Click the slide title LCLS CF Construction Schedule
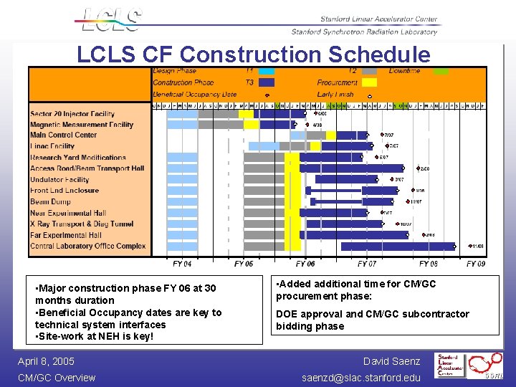click(x=254, y=54)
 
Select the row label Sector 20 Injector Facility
click(x=72, y=114)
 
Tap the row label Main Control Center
click(x=64, y=135)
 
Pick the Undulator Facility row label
click(x=59, y=180)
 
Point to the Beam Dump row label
click(x=50, y=202)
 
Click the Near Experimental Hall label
click(x=68, y=213)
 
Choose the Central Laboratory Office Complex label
click(x=87, y=246)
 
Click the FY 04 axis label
click(x=182, y=264)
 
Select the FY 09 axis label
click(x=476, y=264)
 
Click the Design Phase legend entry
click(x=174, y=71)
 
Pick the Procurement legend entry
click(x=337, y=82)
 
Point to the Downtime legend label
click(x=404, y=71)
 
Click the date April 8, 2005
click(x=46, y=361)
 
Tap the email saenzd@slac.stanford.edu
click(x=361, y=378)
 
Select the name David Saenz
click(x=391, y=361)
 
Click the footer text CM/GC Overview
click(x=57, y=378)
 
